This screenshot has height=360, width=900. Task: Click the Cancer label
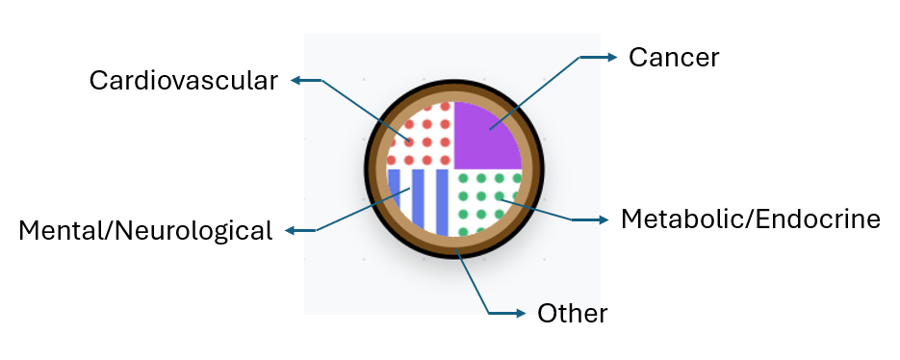674,58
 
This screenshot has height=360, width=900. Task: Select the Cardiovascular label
183,80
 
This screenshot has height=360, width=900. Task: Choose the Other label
572,313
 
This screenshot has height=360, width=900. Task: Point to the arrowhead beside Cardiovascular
297,81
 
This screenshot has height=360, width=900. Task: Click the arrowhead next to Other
520,313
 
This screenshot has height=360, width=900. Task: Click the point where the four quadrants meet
453,168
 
